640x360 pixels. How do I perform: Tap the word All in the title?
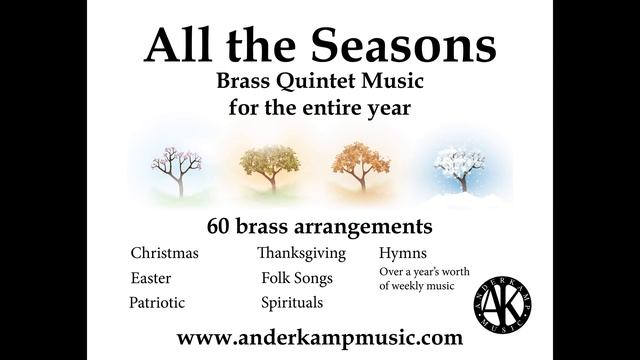(181, 43)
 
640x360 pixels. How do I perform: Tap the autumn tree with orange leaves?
(361, 165)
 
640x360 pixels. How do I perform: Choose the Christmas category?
(164, 252)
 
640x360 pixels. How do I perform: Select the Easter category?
(150, 277)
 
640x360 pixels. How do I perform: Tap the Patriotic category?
(157, 302)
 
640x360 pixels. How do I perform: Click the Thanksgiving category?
(301, 252)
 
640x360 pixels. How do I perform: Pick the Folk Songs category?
(297, 277)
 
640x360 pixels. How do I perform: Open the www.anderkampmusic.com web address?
(319, 337)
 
